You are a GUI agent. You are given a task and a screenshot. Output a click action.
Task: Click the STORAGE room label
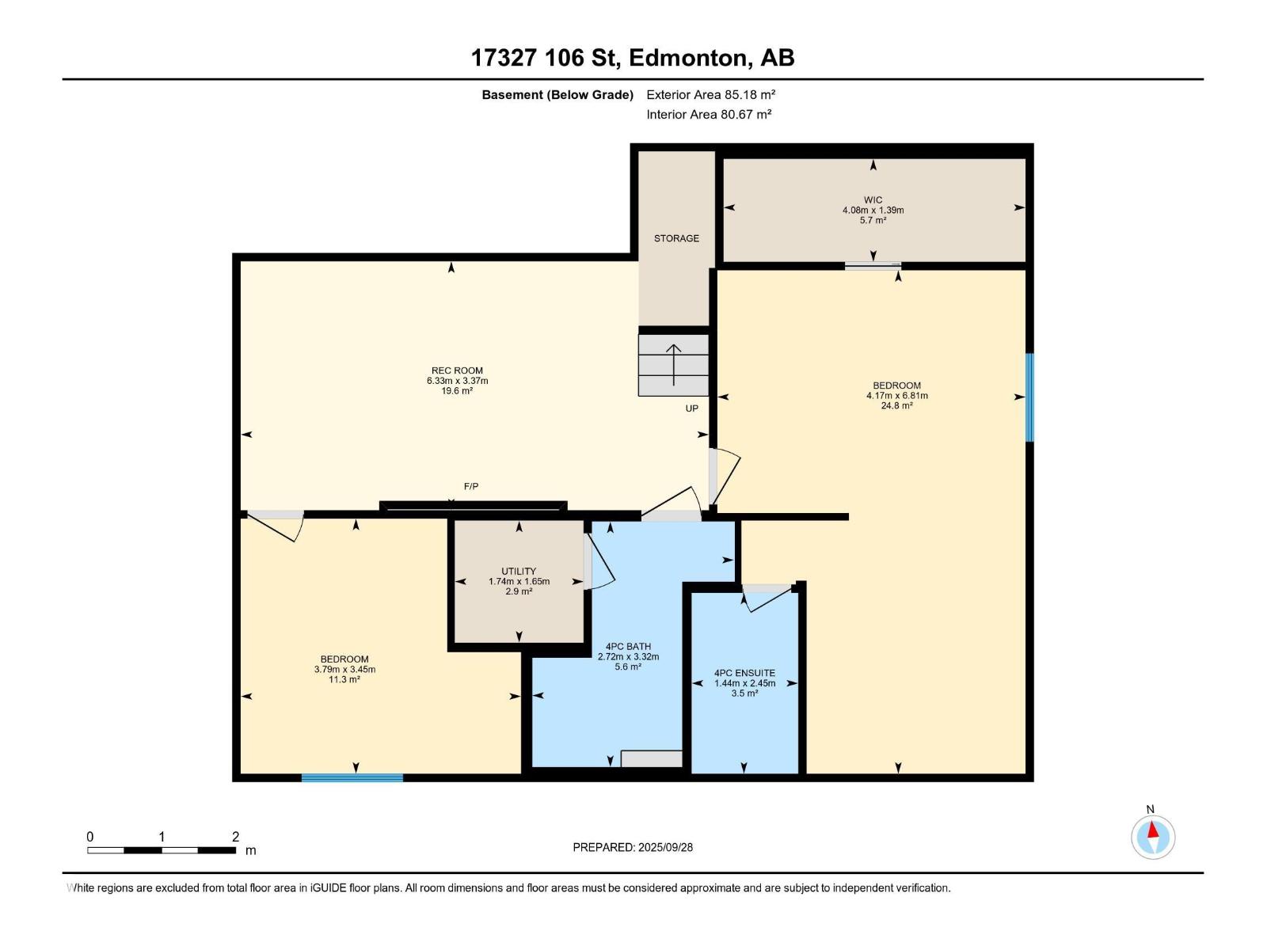pos(676,238)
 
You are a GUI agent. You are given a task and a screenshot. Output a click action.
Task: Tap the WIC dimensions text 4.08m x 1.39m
pos(873,211)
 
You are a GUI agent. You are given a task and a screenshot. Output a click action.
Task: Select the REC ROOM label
pos(457,370)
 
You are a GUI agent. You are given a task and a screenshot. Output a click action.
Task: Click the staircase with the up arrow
pos(673,365)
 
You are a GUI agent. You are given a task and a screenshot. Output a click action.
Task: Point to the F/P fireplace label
pos(471,486)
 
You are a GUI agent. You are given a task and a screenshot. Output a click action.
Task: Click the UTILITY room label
pos(519,571)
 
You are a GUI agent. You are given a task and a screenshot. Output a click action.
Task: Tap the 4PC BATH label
pos(628,646)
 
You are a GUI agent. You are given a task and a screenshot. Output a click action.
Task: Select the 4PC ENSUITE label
pos(744,673)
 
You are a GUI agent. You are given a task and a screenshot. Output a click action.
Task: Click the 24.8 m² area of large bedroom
pos(896,405)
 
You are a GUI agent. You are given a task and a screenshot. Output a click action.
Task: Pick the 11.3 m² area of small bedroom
pos(344,679)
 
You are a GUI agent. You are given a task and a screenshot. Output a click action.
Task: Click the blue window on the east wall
pos(1029,397)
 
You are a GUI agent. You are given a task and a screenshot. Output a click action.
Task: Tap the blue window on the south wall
pos(352,777)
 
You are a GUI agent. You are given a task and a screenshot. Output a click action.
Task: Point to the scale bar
pos(162,850)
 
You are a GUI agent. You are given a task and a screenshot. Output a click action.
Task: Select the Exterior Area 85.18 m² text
pos(710,94)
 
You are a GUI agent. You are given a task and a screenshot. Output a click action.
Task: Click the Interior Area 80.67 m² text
pos(709,114)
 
